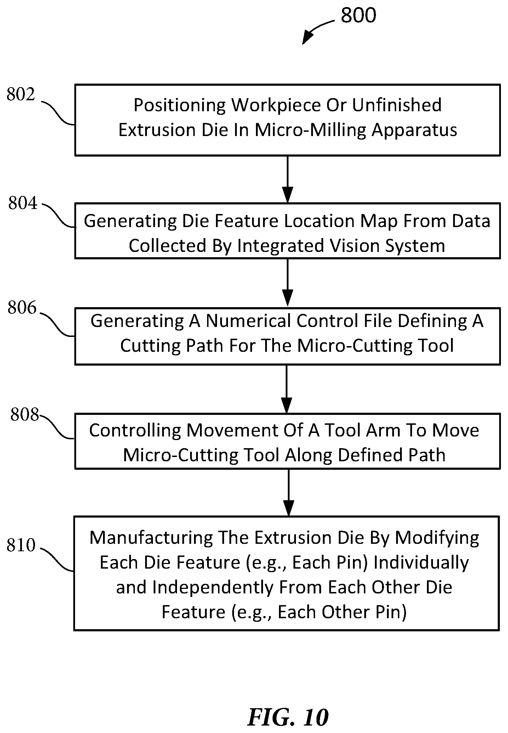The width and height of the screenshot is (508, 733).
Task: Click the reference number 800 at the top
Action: (x=358, y=16)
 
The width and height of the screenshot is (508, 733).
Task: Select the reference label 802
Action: (x=21, y=95)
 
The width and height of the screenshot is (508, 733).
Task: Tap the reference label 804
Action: (x=23, y=203)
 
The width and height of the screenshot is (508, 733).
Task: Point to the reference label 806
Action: (x=22, y=308)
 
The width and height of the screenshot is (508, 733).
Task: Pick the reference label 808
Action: (x=24, y=414)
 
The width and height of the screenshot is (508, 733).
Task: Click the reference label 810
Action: (x=21, y=545)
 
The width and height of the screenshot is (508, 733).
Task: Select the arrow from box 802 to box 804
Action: (x=287, y=179)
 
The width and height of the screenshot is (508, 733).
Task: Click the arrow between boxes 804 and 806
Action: (x=287, y=283)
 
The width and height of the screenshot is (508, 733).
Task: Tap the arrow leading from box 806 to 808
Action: (x=286, y=389)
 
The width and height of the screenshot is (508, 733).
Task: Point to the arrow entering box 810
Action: (x=289, y=492)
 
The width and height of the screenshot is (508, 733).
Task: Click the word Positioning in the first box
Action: (x=179, y=106)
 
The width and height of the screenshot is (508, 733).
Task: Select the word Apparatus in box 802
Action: (x=414, y=130)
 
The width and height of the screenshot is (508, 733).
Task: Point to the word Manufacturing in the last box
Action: (x=151, y=538)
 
